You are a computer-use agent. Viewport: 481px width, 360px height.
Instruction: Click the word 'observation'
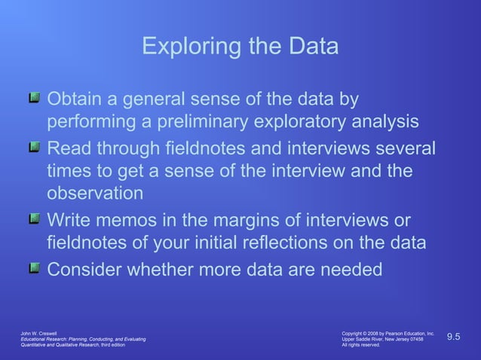click(x=95, y=194)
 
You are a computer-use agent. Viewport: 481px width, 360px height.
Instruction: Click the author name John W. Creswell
click(x=38, y=333)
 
